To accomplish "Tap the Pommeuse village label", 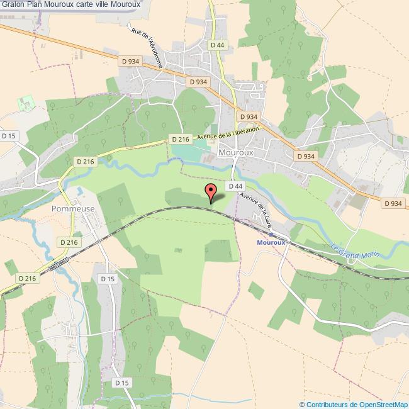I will point(73,208).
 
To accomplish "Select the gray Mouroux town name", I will point(236,152).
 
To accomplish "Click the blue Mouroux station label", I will point(271,242).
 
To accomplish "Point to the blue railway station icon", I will point(271,233).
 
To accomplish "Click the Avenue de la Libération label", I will point(228,133).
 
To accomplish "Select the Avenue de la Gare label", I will point(257,210).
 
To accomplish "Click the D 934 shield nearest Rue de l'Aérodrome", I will point(130,60).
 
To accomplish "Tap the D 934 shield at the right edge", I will point(392,203).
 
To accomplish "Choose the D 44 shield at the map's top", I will point(217,45).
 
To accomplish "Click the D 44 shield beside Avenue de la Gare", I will point(235,186).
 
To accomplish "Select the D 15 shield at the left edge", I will point(9,135).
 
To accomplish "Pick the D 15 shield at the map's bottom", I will point(121,383).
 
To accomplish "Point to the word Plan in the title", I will point(35,5).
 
